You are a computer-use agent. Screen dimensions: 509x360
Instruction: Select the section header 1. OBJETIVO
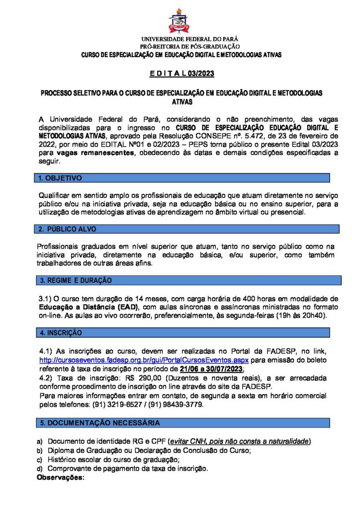pyautogui.click(x=61, y=178)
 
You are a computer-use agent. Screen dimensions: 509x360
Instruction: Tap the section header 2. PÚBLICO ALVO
pyautogui.click(x=68, y=229)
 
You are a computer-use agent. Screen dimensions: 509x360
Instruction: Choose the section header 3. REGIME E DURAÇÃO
pyautogui.click(x=76, y=281)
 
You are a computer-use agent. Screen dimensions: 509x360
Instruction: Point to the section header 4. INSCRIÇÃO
pyautogui.click(x=61, y=332)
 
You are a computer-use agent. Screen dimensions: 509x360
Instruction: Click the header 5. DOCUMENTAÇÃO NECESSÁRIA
pyautogui.click(x=100, y=423)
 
